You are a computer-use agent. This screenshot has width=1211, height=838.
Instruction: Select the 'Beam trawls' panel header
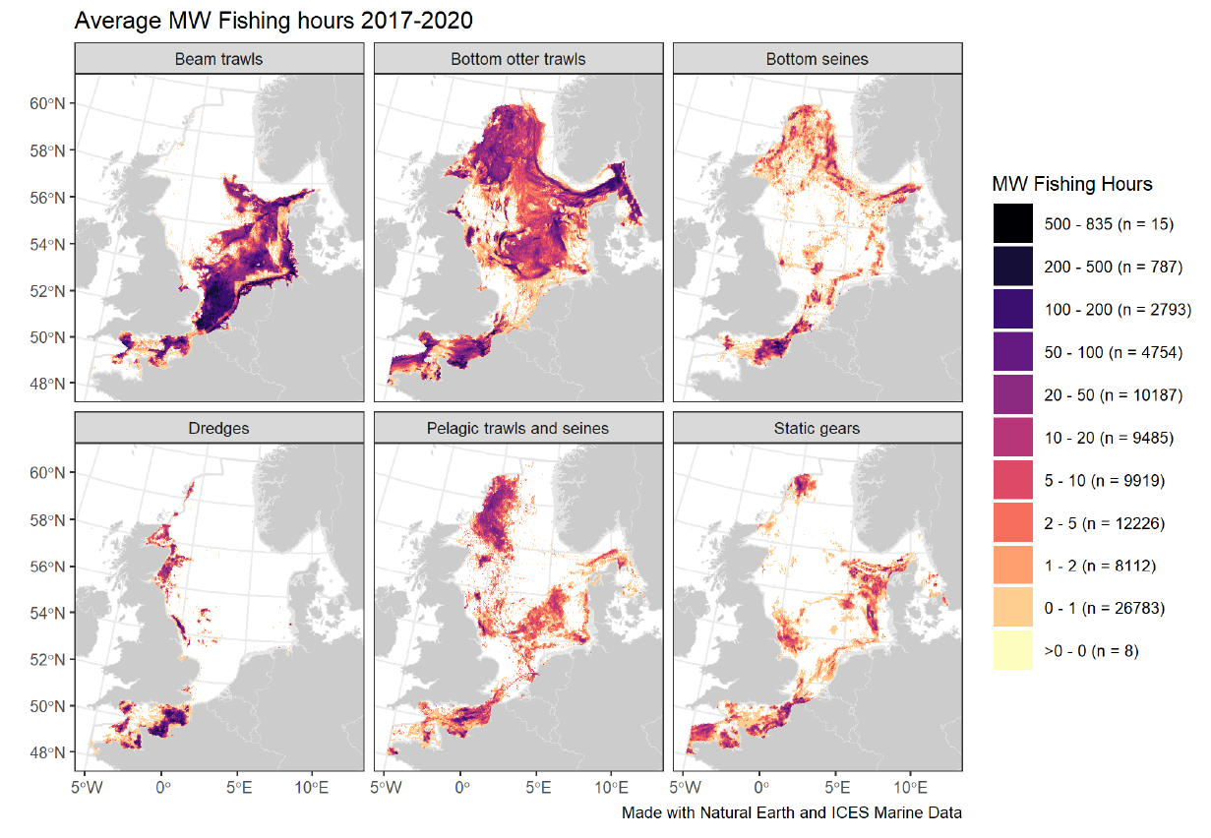[x=219, y=59]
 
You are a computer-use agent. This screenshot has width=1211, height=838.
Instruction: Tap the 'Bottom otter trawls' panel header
[x=518, y=59]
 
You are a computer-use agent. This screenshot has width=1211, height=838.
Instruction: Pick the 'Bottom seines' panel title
[x=817, y=59]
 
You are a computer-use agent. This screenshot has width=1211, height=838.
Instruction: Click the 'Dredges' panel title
[x=219, y=428]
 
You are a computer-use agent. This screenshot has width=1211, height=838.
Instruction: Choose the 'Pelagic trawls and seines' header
[x=518, y=428]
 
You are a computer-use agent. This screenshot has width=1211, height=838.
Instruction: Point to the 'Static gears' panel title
[x=817, y=428]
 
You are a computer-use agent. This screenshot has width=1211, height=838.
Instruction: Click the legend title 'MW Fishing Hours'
[x=1071, y=184]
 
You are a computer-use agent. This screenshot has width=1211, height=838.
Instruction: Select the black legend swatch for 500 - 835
[x=1012, y=223]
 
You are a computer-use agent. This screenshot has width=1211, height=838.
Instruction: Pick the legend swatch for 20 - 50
[x=1012, y=394]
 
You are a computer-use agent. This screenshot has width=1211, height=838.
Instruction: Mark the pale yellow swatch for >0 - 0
[x=1012, y=651]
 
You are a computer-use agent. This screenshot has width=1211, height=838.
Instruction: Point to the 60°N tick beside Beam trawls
[x=49, y=104]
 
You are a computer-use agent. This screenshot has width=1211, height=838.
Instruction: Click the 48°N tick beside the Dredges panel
[x=49, y=753]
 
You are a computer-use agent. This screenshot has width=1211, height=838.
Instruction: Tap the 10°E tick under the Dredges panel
[x=311, y=788]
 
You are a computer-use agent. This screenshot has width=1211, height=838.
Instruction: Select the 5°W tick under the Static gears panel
[x=685, y=788]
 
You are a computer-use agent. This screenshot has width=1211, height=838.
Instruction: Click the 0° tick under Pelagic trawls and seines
[x=461, y=788]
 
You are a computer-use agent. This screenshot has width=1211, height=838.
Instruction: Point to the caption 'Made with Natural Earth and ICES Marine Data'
[x=791, y=813]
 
